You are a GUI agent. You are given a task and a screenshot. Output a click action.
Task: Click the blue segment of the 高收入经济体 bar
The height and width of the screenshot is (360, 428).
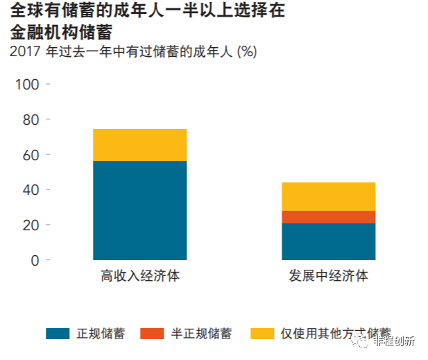pyautogui.click(x=139, y=210)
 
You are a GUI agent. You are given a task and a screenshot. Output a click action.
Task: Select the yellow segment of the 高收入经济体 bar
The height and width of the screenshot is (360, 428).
pyautogui.click(x=139, y=145)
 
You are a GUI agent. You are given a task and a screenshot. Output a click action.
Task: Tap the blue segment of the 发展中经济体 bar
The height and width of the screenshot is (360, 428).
pyautogui.click(x=328, y=241)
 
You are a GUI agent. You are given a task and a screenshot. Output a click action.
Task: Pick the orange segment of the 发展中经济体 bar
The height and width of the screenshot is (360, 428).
pyautogui.click(x=328, y=216)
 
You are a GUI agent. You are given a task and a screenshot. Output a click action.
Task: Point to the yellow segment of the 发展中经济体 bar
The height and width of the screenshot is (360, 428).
pyautogui.click(x=328, y=196)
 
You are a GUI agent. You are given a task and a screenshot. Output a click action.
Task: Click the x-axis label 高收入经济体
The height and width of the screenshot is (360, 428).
pyautogui.click(x=139, y=276)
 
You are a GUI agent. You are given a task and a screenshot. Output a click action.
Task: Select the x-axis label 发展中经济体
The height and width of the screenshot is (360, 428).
pyautogui.click(x=328, y=276)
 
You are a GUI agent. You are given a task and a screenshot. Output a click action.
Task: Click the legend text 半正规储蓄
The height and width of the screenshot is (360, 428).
pyautogui.click(x=201, y=334)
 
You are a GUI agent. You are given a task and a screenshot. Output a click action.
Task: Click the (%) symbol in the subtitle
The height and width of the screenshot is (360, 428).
pyautogui.click(x=246, y=51)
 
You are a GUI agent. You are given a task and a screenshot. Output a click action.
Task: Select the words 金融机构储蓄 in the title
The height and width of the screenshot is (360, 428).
pyautogui.click(x=61, y=32)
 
